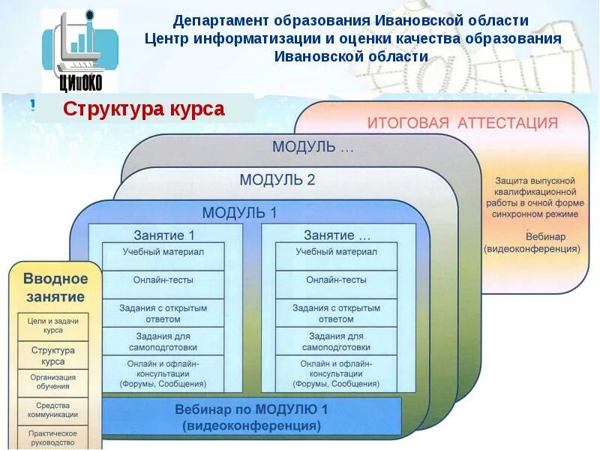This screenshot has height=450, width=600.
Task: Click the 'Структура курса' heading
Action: (143, 109)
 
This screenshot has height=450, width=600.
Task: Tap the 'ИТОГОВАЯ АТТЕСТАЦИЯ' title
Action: (462, 123)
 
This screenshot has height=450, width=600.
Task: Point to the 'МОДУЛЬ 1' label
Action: (239, 212)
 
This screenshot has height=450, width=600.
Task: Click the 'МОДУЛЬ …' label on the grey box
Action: (313, 146)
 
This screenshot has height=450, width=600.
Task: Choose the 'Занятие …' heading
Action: (337, 235)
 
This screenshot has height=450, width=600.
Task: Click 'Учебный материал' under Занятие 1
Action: (163, 252)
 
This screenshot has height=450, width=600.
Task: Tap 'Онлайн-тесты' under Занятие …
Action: (336, 280)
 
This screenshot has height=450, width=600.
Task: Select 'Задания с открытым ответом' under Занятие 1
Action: (163, 313)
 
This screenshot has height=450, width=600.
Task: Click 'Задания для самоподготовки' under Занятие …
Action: (336, 342)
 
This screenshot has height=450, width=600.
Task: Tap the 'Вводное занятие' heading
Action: (55, 287)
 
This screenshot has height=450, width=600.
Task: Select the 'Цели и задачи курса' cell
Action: (53, 325)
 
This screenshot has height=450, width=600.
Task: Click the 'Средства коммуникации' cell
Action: (53, 409)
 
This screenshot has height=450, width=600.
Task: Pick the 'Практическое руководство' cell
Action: (53, 437)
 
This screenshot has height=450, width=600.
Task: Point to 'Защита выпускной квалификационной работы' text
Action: (535, 198)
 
